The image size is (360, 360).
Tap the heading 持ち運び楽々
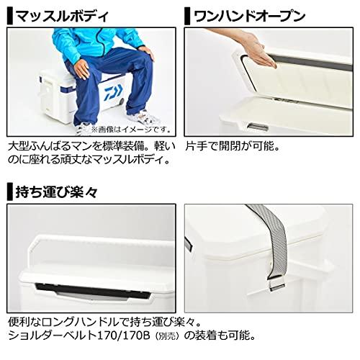pos(53,193)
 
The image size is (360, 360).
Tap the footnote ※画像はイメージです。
pos(129,130)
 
